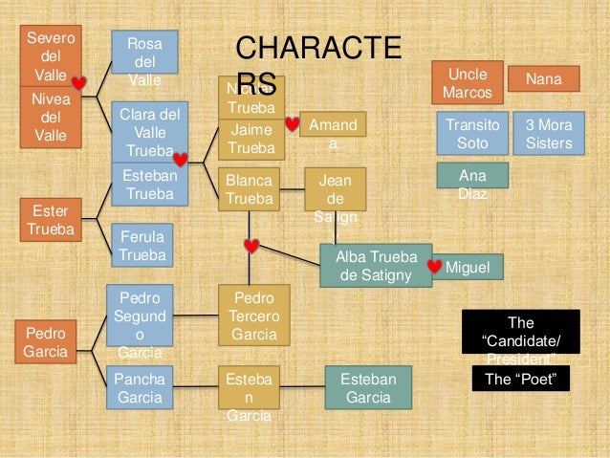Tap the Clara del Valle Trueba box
pyautogui.click(x=143, y=132)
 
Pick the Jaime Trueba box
pyautogui.click(x=251, y=139)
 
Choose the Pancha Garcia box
pyautogui.click(x=140, y=389)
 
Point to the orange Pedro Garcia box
pyautogui.click(x=45, y=341)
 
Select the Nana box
pyautogui.click(x=543, y=78)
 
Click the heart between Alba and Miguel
pyautogui.click(x=436, y=267)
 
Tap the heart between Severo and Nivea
pyautogui.click(x=80, y=84)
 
